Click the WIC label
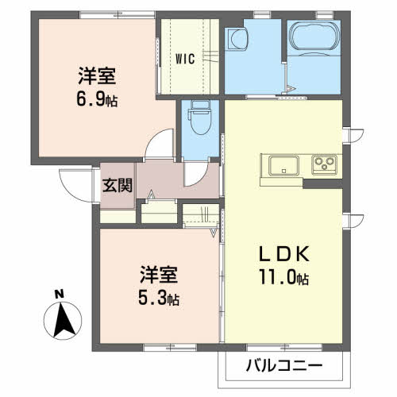click(x=187, y=58)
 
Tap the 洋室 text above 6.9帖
click(x=98, y=77)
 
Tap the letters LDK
click(x=283, y=256)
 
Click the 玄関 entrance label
click(x=117, y=187)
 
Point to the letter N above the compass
click(x=59, y=293)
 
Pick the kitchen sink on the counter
click(x=283, y=164)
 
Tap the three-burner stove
click(x=325, y=164)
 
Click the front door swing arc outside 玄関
click(x=76, y=187)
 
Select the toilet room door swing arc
click(x=196, y=174)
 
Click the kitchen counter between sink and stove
click(x=305, y=164)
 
